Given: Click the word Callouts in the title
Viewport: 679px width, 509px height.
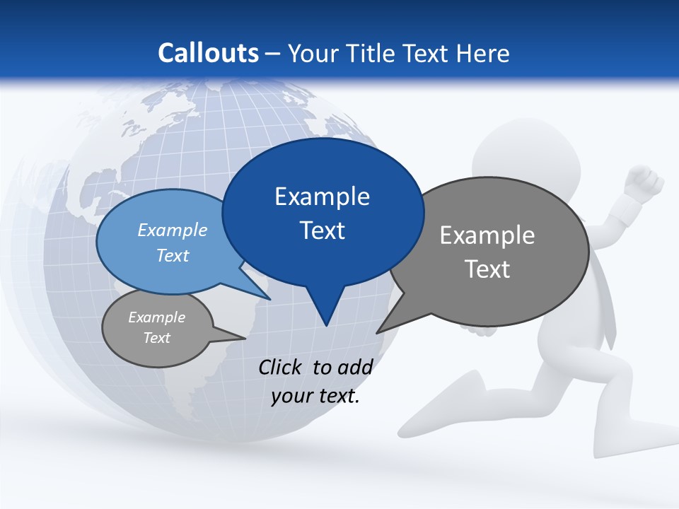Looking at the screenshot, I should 208,53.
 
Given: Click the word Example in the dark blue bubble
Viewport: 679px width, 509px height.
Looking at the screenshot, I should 322,197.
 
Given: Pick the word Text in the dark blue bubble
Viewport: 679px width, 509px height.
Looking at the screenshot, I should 322,230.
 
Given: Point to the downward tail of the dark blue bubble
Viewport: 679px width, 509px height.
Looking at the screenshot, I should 325,311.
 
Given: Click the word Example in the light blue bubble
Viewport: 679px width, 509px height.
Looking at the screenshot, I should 173,230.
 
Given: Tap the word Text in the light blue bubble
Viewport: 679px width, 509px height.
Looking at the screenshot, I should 173,255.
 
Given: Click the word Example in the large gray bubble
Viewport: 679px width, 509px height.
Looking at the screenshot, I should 487,235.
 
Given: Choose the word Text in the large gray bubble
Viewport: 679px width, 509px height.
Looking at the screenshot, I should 487,269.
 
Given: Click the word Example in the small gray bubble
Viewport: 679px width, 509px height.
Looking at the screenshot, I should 156,317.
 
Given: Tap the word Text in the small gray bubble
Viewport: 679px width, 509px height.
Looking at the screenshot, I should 156,338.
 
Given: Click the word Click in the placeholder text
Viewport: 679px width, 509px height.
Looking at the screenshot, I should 282,367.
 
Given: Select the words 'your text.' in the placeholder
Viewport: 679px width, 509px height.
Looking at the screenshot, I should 315,396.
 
